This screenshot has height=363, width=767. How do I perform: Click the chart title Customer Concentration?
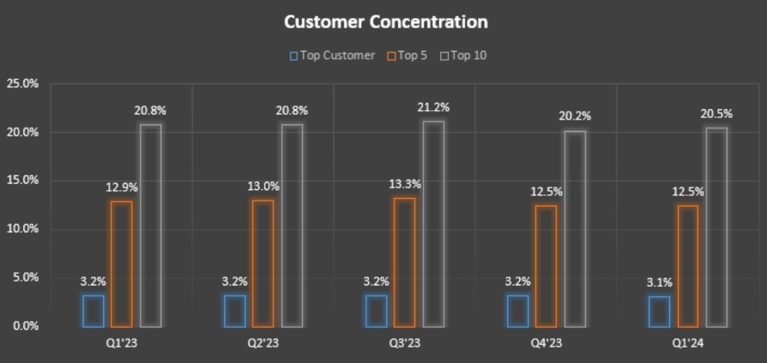pos(385,22)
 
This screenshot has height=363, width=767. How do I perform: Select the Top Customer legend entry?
pos(333,56)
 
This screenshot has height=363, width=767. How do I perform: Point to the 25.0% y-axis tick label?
pos(22,83)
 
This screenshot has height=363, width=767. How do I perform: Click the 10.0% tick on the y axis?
pos(22,229)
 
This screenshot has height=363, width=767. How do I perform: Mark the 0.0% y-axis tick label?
pos(23,326)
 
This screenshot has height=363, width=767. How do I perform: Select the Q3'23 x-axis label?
pos(404,344)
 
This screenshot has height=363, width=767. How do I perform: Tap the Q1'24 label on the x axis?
pos(687,344)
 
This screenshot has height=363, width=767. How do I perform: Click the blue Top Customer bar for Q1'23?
pos(93,311)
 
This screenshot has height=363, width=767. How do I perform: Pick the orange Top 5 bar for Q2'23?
pos(262,264)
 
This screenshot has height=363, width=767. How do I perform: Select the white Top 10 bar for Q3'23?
pos(433,224)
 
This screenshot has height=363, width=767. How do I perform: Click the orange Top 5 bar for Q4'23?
pos(546,266)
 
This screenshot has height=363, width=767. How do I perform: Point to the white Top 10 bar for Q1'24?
pos(716,227)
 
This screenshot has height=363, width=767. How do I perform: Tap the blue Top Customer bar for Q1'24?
pos(660,312)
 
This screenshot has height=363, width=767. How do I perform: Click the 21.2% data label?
pos(434,108)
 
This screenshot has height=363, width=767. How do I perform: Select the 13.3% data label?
pos(405,184)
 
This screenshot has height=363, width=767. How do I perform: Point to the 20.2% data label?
pos(575,116)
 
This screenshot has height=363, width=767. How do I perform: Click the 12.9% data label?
pos(121,188)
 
